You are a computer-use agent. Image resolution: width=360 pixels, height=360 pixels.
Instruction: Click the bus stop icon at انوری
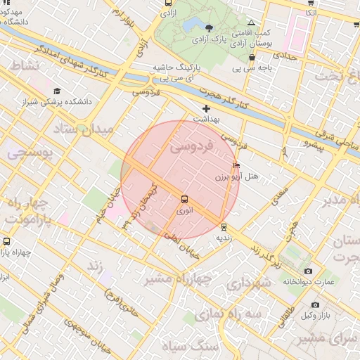184,199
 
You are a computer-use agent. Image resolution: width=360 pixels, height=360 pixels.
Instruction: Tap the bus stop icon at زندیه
224,227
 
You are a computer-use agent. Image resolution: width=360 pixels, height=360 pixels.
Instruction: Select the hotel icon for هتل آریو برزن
236,166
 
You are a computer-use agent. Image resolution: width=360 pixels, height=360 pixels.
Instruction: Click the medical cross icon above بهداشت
206,108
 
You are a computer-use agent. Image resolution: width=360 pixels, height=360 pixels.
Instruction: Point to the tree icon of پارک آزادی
209,27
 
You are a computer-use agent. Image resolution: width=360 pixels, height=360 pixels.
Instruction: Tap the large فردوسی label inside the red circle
192,147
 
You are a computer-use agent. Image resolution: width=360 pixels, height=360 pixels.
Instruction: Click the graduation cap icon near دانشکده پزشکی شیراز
57,91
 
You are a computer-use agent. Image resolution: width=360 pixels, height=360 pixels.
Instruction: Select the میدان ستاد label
83,130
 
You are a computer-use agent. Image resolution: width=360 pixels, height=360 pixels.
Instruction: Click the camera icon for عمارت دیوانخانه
308,271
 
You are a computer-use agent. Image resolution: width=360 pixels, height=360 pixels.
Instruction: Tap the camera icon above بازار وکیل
315,304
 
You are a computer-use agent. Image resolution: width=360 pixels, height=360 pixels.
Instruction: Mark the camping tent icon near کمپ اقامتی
251,23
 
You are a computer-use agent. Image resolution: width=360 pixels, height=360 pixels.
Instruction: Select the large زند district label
94,266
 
